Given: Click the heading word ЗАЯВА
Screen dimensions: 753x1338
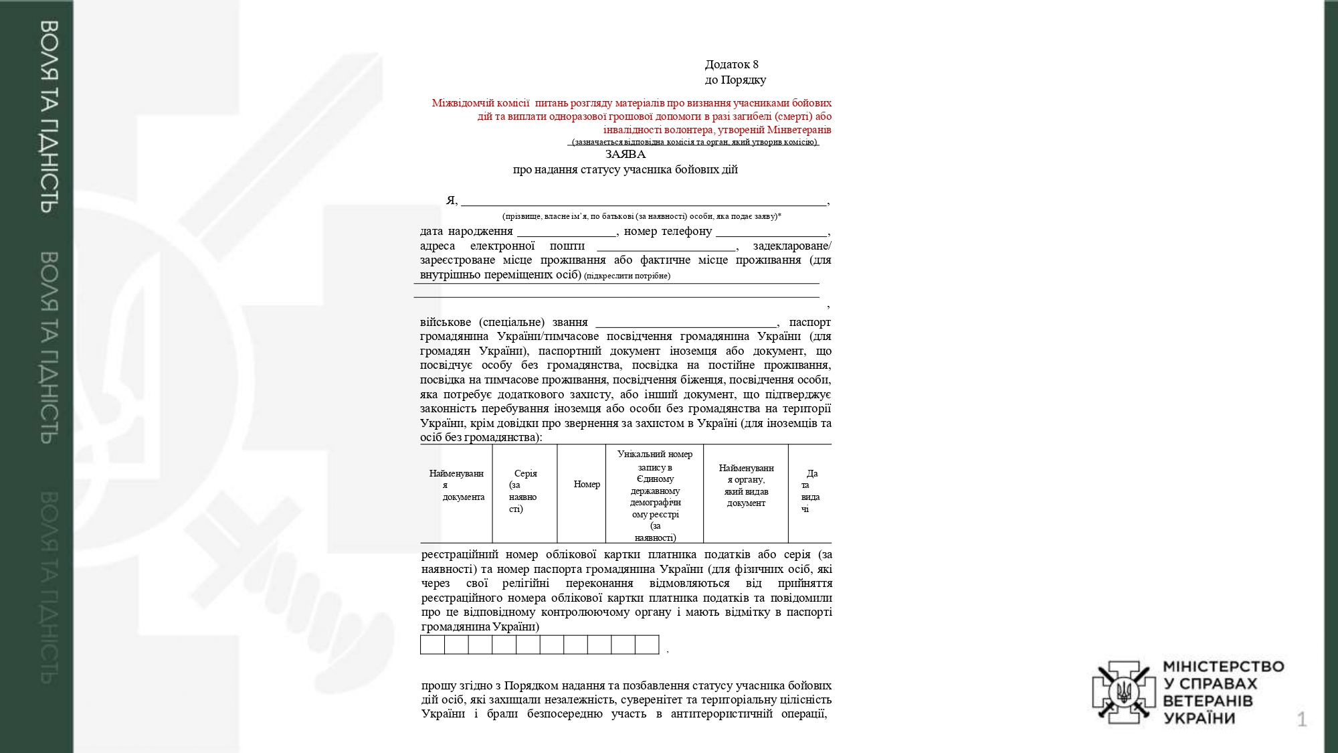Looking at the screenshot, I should (x=625, y=155).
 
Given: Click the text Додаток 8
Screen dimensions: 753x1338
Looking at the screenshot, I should (x=731, y=64).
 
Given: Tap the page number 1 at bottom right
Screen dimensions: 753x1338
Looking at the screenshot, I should (x=1301, y=720).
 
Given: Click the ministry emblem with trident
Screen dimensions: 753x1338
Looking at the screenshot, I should (x=1124, y=691).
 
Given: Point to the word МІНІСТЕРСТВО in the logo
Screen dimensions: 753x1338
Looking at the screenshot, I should (x=1224, y=667).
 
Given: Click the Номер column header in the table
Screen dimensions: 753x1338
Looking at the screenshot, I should (x=587, y=485).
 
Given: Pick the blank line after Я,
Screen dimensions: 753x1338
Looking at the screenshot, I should (x=643, y=203).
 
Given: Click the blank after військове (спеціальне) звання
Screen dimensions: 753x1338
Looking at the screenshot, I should (x=686, y=325).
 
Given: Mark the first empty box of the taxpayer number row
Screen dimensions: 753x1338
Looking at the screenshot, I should (x=432, y=645).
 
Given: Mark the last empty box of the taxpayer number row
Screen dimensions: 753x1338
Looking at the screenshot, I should (x=647, y=645).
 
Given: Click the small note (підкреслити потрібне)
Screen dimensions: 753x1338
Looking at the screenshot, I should (x=627, y=276).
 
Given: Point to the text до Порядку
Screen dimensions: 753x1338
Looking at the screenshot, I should (x=735, y=80).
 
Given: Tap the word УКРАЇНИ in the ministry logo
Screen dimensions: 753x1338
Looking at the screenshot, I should (x=1199, y=719).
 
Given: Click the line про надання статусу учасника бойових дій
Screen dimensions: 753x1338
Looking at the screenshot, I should (x=625, y=170).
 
